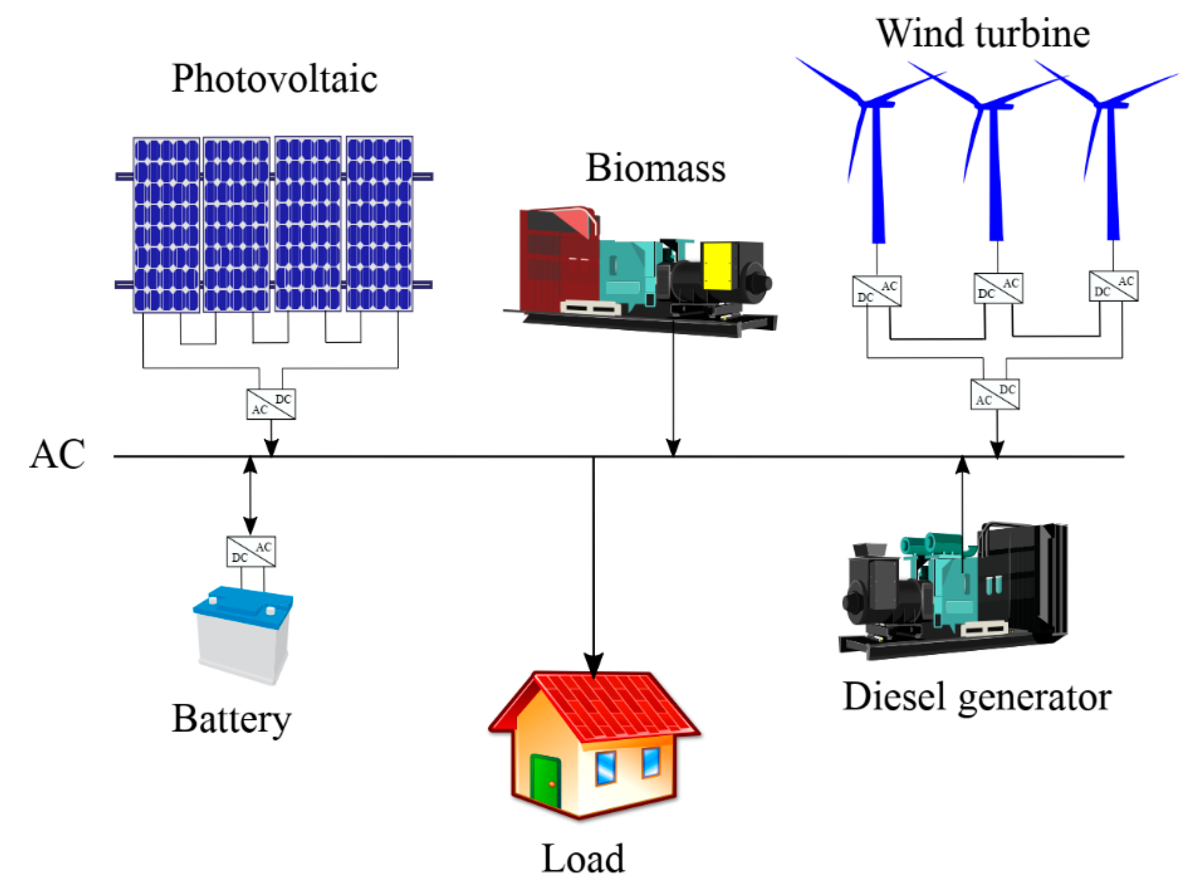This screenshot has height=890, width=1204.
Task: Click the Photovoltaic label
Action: click(274, 79)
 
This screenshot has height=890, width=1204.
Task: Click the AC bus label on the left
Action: click(57, 454)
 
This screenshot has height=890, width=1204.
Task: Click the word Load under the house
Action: click(582, 859)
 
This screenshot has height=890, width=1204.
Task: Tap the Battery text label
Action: click(231, 720)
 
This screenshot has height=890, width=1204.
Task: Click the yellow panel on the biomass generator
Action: click(717, 266)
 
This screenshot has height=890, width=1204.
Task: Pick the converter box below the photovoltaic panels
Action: click(271, 404)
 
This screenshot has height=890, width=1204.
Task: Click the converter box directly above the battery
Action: click(251, 551)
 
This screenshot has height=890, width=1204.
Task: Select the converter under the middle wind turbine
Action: click(998, 288)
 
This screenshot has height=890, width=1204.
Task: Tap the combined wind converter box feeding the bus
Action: click(995, 394)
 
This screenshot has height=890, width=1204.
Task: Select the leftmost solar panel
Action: click(166, 225)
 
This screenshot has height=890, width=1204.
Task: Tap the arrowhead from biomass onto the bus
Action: click(673, 447)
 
